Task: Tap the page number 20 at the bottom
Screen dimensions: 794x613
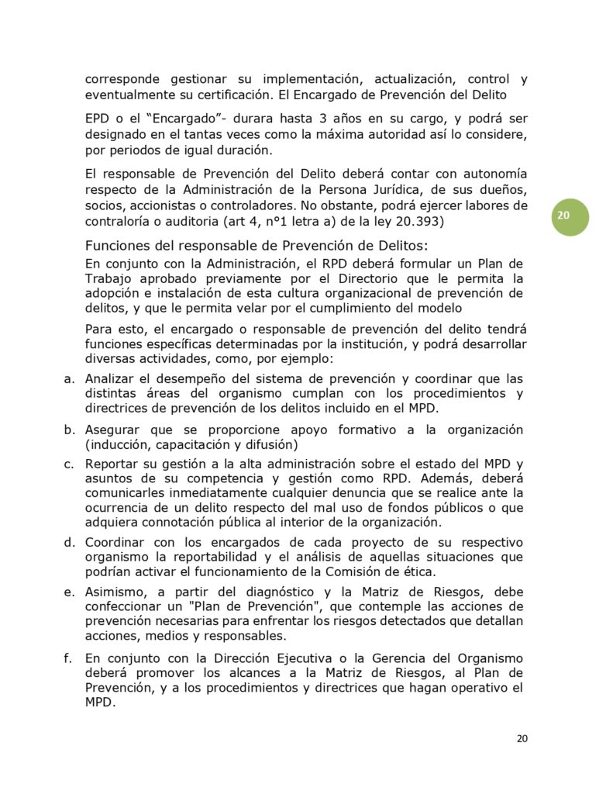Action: [x=522, y=738]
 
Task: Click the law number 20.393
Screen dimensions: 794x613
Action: [x=418, y=222]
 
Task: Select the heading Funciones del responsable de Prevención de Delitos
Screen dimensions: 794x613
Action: [x=256, y=246]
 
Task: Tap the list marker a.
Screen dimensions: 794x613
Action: [x=69, y=379]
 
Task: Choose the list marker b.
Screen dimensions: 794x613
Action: [x=69, y=430]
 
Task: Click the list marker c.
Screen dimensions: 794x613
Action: [x=69, y=464]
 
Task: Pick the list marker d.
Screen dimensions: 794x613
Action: [x=69, y=541]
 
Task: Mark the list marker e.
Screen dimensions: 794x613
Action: [x=69, y=592]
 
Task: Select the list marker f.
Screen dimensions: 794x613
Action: [x=68, y=658]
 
